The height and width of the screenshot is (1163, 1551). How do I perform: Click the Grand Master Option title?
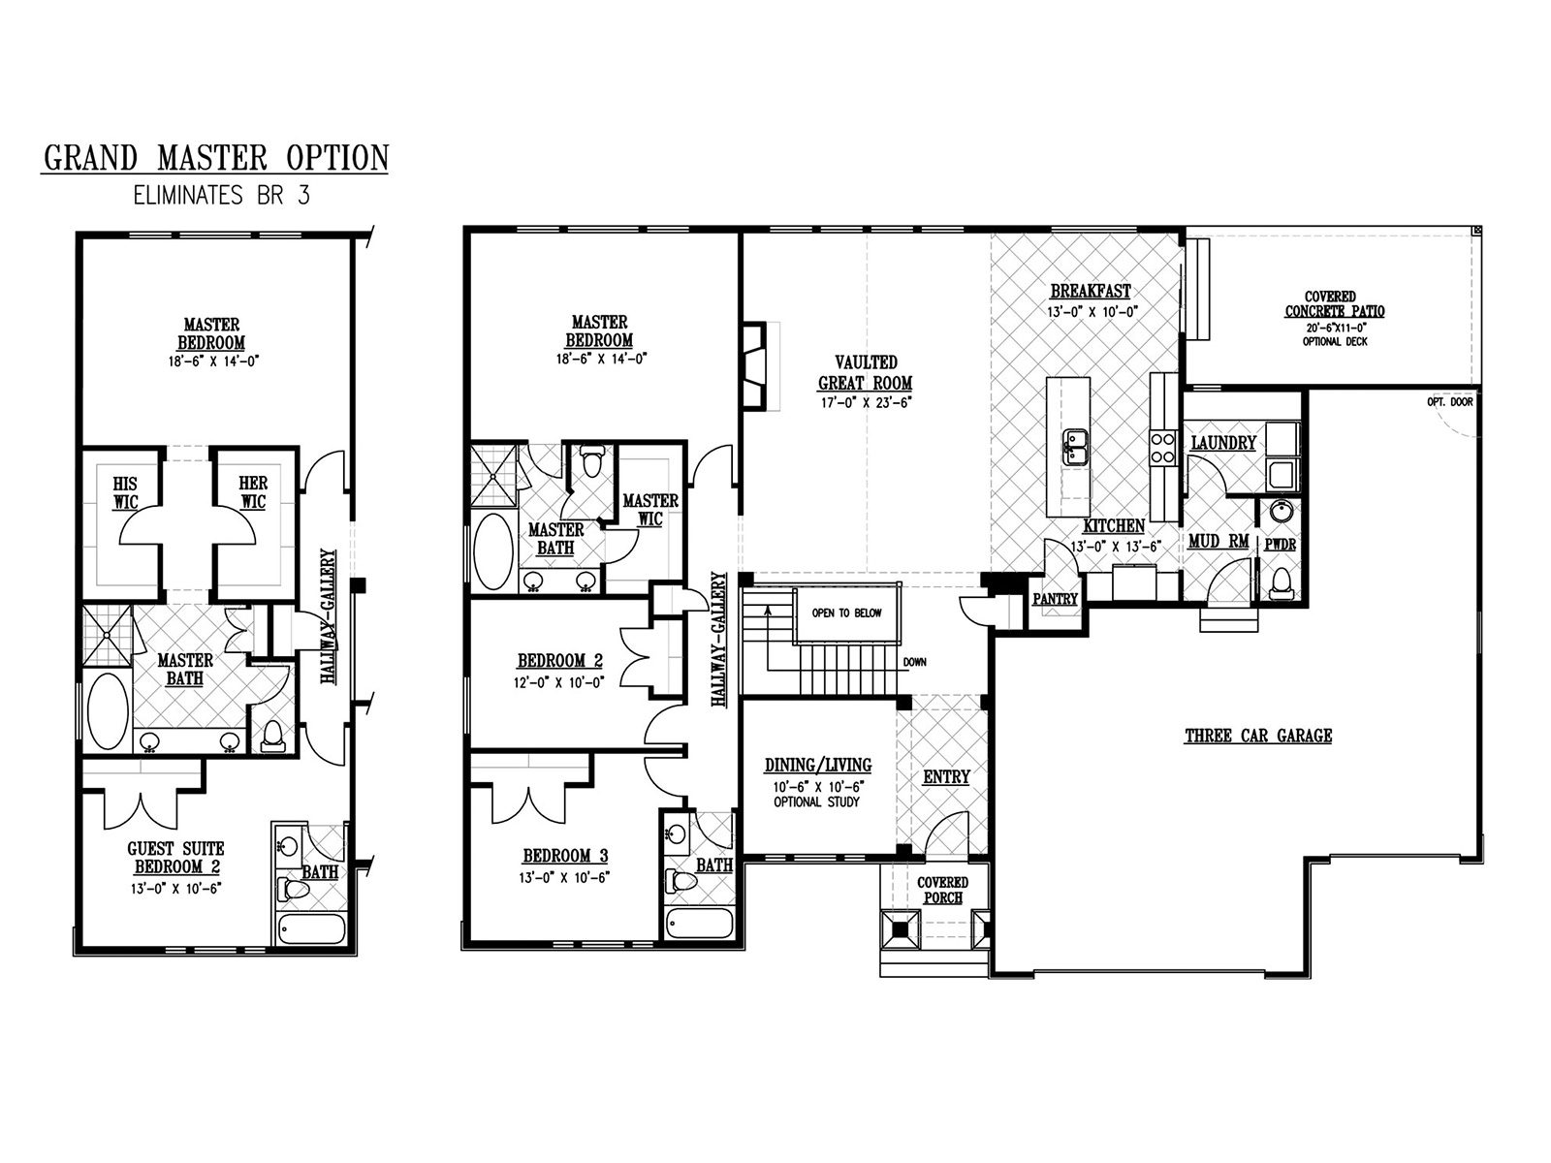[216, 157]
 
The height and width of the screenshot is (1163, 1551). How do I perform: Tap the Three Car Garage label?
[1258, 736]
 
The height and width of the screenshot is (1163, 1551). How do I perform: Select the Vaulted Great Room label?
[866, 373]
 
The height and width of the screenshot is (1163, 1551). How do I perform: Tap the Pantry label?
[1055, 600]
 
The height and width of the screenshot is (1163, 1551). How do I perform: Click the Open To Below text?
[846, 613]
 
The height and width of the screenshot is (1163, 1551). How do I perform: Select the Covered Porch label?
[942, 890]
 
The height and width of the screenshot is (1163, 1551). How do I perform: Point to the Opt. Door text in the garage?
[1450, 402]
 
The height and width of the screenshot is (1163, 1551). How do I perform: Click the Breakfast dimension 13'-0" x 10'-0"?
[1092, 311]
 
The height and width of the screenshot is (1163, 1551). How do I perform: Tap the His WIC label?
[125, 493]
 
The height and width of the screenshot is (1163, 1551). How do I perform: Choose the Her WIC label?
[253, 492]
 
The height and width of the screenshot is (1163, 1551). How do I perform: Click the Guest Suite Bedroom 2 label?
[176, 858]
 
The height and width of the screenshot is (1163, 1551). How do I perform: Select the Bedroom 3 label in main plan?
[565, 856]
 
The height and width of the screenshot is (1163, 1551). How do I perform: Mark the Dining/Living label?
[817, 766]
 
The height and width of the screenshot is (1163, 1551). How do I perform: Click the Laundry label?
[1223, 443]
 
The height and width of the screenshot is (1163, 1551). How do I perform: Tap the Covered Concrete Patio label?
[1334, 304]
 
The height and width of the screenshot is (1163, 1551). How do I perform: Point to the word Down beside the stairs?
[914, 662]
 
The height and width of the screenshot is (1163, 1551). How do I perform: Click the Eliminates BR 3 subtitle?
[222, 196]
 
